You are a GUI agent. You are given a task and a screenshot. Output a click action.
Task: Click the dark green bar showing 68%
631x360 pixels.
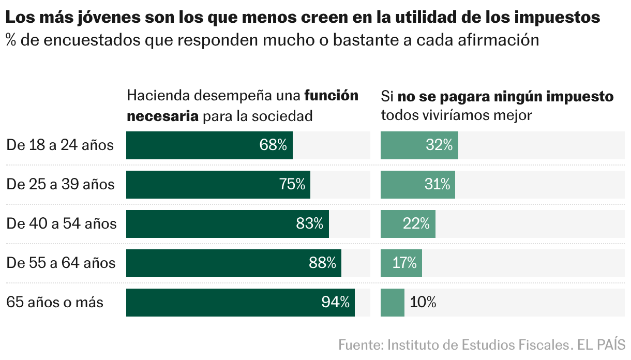pyautogui.click(x=209, y=145)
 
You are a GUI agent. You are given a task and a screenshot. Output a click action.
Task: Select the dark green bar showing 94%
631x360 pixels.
pyautogui.click(x=240, y=303)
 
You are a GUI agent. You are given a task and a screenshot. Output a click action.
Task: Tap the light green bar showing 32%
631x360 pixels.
pyautogui.click(x=419, y=145)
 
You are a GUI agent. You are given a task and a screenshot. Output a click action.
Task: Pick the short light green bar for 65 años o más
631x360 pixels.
pyautogui.click(x=392, y=303)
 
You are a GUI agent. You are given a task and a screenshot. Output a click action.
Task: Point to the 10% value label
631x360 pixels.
pyautogui.click(x=423, y=303)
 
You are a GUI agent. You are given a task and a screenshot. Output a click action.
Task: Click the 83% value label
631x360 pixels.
pyautogui.click(x=309, y=224)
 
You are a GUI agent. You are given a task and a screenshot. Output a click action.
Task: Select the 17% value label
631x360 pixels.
pyautogui.click(x=404, y=263)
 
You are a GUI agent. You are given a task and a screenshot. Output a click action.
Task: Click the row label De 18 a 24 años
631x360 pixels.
pyautogui.click(x=60, y=145)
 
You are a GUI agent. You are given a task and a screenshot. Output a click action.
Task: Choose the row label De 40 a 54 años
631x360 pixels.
pyautogui.click(x=62, y=224)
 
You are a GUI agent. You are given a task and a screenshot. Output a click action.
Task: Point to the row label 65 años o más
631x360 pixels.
pyautogui.click(x=55, y=303)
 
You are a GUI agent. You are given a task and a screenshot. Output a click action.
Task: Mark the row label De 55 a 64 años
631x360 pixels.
pyautogui.click(x=61, y=263)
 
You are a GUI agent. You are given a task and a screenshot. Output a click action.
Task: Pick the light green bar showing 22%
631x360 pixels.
pyautogui.click(x=408, y=224)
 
